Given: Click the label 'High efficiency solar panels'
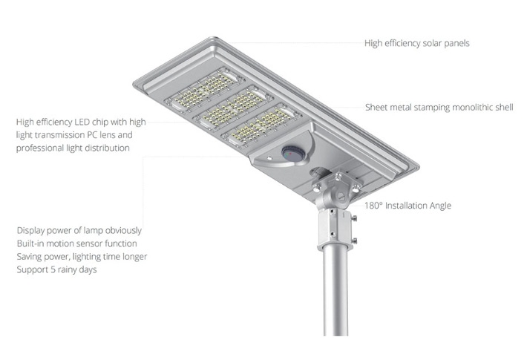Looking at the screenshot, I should (x=416, y=43).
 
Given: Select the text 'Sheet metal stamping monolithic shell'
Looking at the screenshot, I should (x=439, y=107).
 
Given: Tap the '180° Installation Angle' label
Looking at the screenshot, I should (x=407, y=206).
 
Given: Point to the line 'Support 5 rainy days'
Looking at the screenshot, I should (x=56, y=269).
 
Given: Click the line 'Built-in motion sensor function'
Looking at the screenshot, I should (x=76, y=243).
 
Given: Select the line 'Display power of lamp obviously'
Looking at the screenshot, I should (x=79, y=230).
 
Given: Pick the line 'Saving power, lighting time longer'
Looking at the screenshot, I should (x=82, y=257).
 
